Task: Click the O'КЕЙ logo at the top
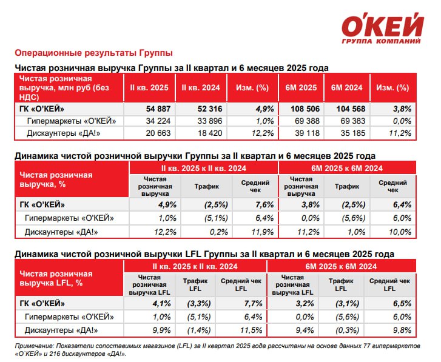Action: click(382, 28)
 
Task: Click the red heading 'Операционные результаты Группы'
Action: click(93, 53)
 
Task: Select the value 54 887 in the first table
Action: click(158, 109)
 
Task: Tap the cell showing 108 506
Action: click(305, 109)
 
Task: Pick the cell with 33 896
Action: click(210, 121)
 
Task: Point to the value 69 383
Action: click(352, 121)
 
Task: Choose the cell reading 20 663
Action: click(158, 133)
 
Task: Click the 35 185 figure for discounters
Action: click(352, 133)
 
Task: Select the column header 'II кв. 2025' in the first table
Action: click(149, 88)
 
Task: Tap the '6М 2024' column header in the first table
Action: click(347, 88)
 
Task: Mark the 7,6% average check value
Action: click(264, 204)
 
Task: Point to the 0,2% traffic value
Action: click(219, 232)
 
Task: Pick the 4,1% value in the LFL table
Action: click(161, 304)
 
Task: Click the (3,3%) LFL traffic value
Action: click(199, 304)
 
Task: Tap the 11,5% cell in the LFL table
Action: click(251, 330)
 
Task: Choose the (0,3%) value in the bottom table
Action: click(347, 330)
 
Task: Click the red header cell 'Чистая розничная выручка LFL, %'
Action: click(56, 278)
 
